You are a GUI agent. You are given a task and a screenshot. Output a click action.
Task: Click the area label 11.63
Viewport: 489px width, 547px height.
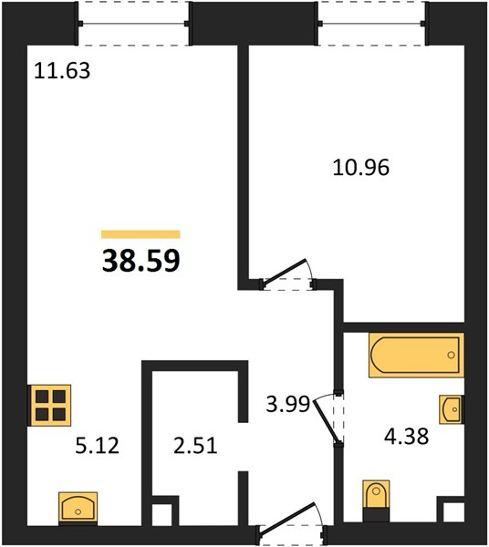coord(62,70)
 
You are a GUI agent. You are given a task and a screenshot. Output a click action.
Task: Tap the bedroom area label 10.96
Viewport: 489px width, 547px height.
coord(361,168)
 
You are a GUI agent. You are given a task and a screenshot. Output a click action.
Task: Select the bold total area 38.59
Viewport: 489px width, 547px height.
coord(141,260)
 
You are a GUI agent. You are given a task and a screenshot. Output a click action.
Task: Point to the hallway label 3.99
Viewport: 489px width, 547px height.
coord(288,404)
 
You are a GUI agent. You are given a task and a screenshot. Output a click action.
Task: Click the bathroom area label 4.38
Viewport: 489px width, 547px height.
coord(406,437)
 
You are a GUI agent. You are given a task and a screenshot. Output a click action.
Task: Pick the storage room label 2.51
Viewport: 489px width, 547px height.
coord(195,446)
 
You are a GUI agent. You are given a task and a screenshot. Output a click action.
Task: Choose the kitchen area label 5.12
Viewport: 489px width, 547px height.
coord(97,446)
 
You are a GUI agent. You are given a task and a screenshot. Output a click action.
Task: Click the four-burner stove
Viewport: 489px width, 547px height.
coord(49,406)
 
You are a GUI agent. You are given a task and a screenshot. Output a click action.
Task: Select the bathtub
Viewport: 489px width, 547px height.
coord(416,356)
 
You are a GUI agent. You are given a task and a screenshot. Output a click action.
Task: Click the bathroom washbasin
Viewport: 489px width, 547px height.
coord(452,409)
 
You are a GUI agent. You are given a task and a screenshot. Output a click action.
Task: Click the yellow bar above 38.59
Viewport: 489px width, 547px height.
coord(140,234)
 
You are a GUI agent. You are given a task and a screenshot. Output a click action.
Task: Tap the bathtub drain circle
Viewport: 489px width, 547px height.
coord(451,356)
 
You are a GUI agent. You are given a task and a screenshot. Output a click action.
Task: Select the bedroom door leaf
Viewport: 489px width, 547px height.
coord(286,273)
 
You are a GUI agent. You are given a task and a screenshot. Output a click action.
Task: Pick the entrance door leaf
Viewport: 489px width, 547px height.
coord(286,518)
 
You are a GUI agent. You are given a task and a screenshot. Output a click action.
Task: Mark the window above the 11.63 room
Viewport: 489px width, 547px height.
coord(133,24)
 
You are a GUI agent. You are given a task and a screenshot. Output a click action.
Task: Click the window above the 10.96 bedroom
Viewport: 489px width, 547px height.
coord(371,24)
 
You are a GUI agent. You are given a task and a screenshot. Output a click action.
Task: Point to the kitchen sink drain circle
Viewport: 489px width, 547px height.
coord(78,511)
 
